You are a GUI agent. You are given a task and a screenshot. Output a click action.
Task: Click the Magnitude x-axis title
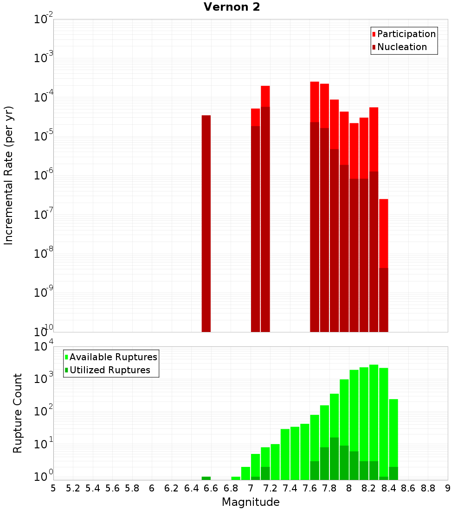pyautogui.click(x=251, y=502)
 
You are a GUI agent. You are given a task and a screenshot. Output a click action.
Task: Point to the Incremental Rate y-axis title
pyautogui.click(x=8, y=175)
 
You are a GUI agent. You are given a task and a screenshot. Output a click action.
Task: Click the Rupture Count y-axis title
pyautogui.click(x=18, y=413)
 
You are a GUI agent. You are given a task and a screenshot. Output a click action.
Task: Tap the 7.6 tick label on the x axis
pyautogui.click(x=309, y=488)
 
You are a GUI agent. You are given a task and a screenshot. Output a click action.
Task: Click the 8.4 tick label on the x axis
pyautogui.click(x=388, y=488)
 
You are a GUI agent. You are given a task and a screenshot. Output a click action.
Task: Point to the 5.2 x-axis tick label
pyautogui.click(x=73, y=488)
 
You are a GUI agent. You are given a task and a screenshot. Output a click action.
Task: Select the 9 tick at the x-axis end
pyautogui.click(x=448, y=488)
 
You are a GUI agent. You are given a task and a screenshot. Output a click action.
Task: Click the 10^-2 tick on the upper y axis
pyautogui.click(x=44, y=19)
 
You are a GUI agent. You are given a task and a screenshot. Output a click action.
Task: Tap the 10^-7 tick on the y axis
pyautogui.click(x=44, y=215)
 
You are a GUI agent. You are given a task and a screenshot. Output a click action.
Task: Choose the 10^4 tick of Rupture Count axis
pyautogui.click(x=44, y=346)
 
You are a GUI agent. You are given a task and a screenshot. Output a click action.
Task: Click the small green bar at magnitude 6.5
pyautogui.click(x=206, y=478)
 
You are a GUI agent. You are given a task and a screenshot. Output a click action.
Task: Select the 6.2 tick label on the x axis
pyautogui.click(x=172, y=488)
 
